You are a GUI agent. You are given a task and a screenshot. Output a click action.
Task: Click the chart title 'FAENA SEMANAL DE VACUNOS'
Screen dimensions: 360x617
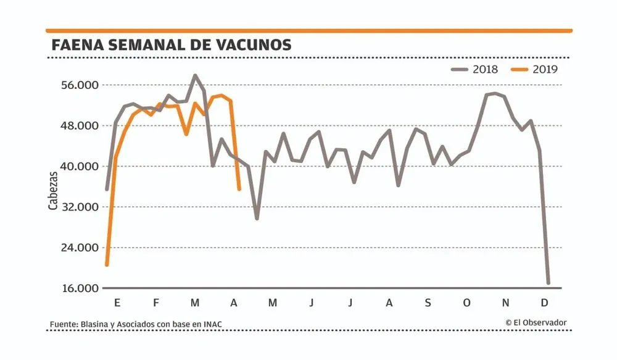(x=172, y=45)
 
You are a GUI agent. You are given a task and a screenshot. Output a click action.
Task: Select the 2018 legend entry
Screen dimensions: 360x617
(x=475, y=69)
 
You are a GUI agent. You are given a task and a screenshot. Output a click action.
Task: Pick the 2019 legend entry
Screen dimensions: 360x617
(x=535, y=69)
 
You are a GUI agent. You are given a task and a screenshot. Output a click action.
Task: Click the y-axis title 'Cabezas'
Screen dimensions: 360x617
(x=53, y=190)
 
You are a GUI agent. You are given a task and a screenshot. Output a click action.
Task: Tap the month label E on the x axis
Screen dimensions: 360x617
(x=117, y=303)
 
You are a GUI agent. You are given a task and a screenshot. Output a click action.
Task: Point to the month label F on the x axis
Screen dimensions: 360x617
(x=156, y=303)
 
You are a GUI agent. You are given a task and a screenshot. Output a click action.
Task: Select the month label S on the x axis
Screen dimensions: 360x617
(x=428, y=303)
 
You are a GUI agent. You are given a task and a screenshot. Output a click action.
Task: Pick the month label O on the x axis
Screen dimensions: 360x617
(x=466, y=303)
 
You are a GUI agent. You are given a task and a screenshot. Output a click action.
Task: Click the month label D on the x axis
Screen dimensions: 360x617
(x=544, y=303)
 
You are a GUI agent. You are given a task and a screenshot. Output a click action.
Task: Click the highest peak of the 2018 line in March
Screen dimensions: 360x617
(x=195, y=75)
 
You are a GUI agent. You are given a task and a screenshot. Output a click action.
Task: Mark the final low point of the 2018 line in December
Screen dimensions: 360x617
(x=548, y=283)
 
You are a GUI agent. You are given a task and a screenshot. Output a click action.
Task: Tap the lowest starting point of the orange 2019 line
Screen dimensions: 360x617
(x=107, y=265)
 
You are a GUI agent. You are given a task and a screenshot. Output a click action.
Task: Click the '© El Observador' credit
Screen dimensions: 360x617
(x=536, y=322)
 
